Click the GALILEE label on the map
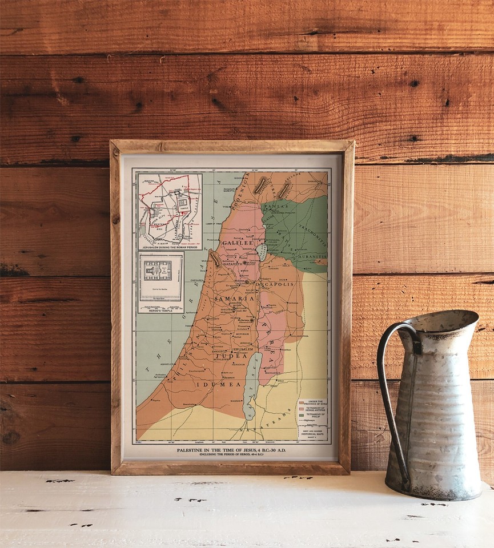click(x=237, y=243)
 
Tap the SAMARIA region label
click(x=234, y=299)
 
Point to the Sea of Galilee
click(x=262, y=252)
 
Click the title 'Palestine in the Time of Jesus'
click(x=231, y=450)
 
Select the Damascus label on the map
click(x=315, y=181)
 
